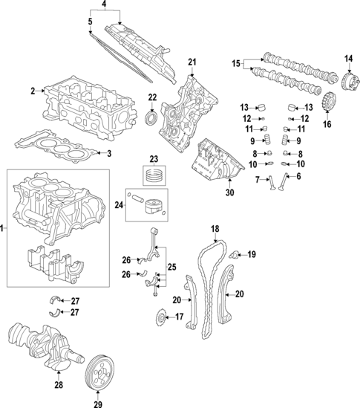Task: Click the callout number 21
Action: coord(192,62)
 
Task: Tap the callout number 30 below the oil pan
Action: coord(229,192)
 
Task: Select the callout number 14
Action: coord(349,59)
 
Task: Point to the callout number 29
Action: coord(98,404)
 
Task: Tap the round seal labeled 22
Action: coord(151,120)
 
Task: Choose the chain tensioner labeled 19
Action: coord(234,254)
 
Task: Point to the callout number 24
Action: coord(119,205)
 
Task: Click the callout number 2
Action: coord(33,91)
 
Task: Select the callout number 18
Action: coord(215,229)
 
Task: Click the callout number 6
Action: coord(298,176)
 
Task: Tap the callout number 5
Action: coord(90,22)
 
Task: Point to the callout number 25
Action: coord(171,267)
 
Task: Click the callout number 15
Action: coord(236,63)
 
